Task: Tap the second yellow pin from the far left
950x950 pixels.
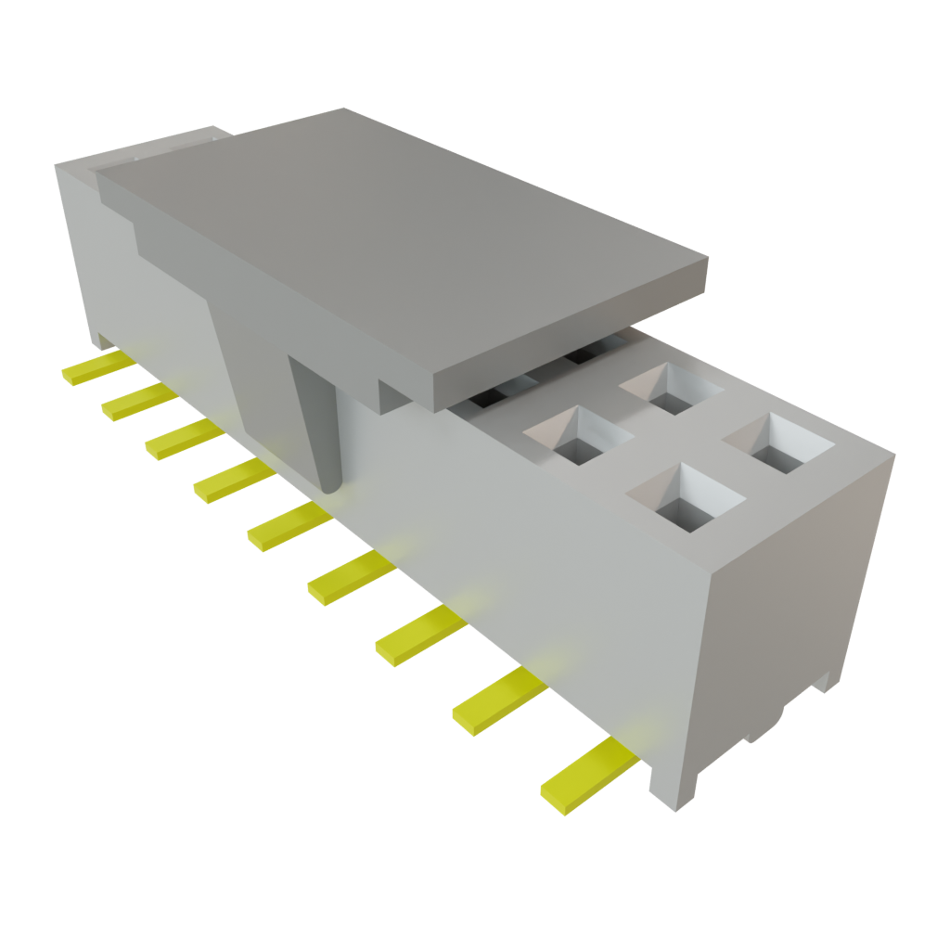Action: [x=137, y=400]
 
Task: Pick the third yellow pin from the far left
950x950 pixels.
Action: [x=181, y=436]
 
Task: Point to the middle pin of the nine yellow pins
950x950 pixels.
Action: [x=288, y=528]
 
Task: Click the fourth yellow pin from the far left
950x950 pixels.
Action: [x=232, y=479]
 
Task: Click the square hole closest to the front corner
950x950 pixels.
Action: [x=687, y=499]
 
